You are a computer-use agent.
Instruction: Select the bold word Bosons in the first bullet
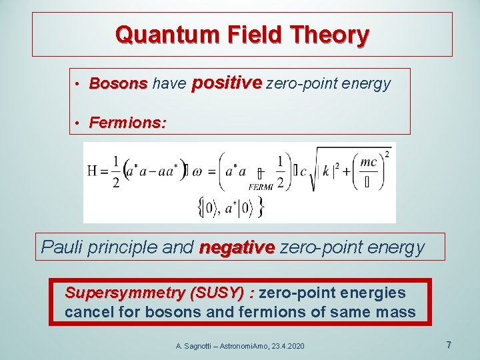point(118,84)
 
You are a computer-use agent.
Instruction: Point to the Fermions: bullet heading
point(128,123)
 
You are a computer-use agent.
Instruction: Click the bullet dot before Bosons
point(78,85)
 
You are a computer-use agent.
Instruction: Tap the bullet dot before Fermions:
point(78,123)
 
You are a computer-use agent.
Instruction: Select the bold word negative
point(237,247)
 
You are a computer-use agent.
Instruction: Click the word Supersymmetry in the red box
point(125,293)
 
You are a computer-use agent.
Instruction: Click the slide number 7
point(449,345)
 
